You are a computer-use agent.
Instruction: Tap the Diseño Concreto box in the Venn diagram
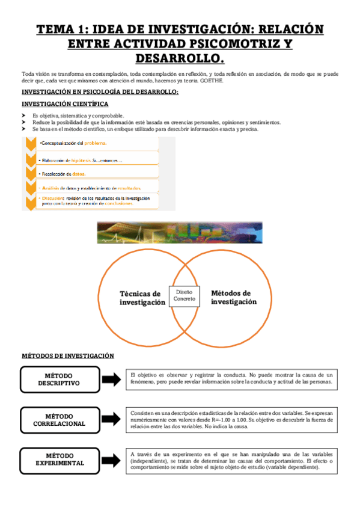pyautogui.click(x=184, y=295)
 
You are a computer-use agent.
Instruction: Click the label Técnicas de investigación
pyautogui.click(x=142, y=298)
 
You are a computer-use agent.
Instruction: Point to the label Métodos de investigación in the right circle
pyautogui.click(x=233, y=297)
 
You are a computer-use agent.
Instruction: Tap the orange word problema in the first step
pyautogui.click(x=95, y=143)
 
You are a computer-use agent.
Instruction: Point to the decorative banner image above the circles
pyautogui.click(x=178, y=232)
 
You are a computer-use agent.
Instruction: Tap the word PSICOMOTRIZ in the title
pyautogui.click(x=222, y=44)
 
